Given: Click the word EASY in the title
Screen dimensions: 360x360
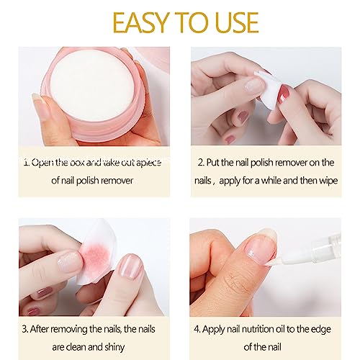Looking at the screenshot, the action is point(140,22).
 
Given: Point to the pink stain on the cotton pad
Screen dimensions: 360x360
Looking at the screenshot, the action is point(95,256).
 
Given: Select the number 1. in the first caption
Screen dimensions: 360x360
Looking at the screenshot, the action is point(27,163).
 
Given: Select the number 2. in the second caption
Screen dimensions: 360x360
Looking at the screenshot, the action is point(201,163).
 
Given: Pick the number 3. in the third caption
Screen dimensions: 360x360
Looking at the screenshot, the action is point(25,329).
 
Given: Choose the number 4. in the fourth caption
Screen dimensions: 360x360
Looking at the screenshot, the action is point(197,329).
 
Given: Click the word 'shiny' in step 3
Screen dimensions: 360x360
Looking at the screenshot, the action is point(114,348).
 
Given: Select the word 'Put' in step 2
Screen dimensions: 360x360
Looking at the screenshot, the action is point(213,163).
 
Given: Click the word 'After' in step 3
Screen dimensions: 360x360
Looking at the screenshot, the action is point(40,329).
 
